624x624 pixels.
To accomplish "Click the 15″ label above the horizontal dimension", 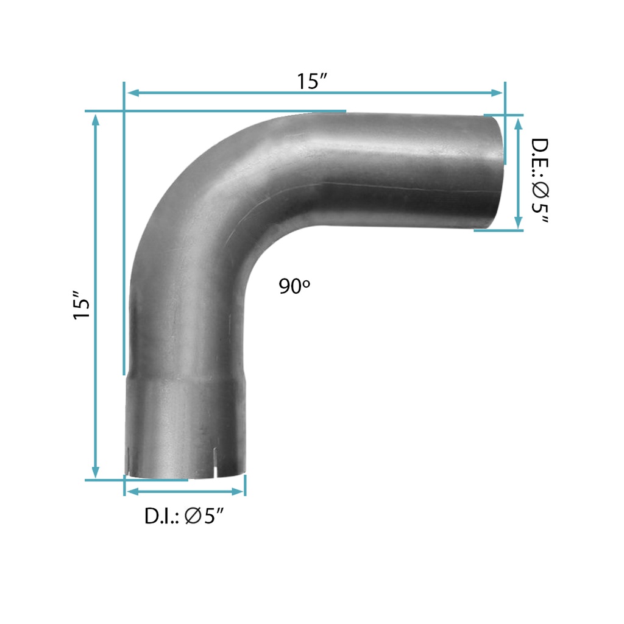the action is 311,81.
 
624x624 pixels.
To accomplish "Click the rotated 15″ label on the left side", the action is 82,305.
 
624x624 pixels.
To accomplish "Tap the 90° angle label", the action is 294,286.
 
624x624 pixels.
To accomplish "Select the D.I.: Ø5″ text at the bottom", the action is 184,516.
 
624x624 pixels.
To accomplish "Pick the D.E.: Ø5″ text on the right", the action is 540,180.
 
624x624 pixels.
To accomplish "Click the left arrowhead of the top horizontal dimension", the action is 132,93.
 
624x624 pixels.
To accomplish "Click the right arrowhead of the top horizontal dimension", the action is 497,93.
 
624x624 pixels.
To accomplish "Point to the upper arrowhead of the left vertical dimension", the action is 96,120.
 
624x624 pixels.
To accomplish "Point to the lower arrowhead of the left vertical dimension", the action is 96,472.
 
